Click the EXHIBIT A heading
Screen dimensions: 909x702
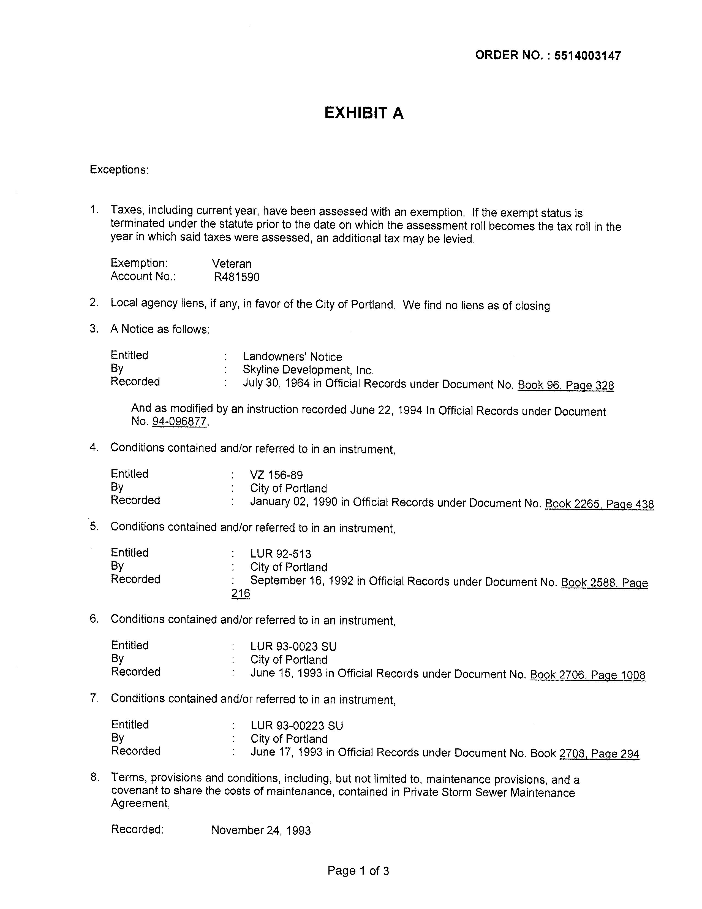[x=364, y=113]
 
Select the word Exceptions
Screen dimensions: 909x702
[x=119, y=170]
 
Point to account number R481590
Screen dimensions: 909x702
[x=237, y=277]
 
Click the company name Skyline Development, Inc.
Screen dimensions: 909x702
[x=308, y=370]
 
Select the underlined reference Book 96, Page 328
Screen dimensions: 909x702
[x=566, y=385]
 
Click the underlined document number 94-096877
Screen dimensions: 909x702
[x=179, y=422]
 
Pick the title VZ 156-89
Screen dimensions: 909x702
[x=276, y=475]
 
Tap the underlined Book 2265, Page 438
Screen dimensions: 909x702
[x=599, y=504]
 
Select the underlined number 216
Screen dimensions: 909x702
[x=241, y=593]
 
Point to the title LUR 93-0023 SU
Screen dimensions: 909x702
[x=293, y=646]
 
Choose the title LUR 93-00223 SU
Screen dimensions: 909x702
[x=296, y=726]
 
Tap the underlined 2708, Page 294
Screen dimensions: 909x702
[x=599, y=753]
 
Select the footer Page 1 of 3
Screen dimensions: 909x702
[x=358, y=871]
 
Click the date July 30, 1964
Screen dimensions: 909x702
[x=276, y=383]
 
